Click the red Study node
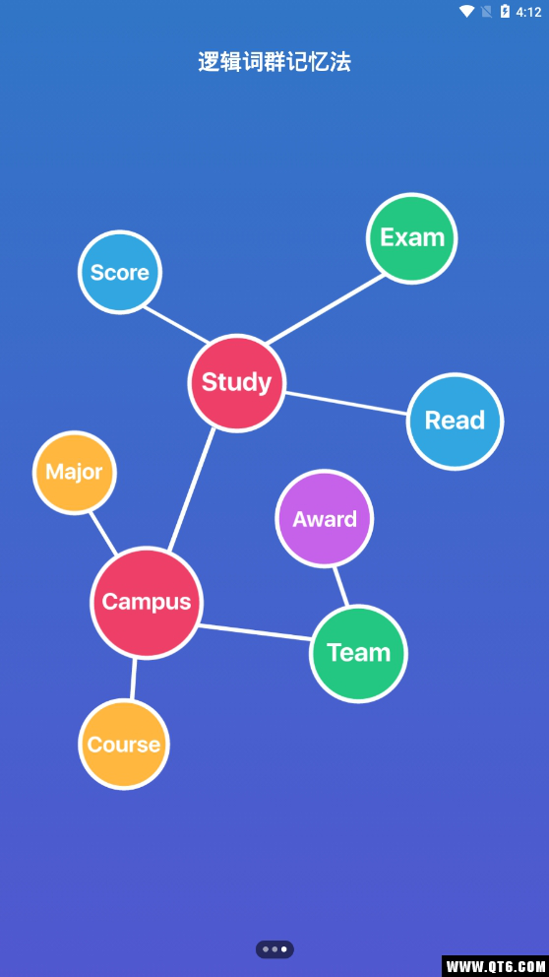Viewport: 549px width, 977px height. (236, 383)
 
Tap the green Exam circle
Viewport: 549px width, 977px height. (411, 238)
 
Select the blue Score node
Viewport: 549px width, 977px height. (119, 272)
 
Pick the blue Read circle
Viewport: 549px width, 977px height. (455, 422)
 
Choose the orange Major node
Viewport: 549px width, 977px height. (74, 473)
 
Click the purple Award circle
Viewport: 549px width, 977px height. (325, 518)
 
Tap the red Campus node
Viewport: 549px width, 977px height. (147, 602)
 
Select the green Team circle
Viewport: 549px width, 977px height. (358, 653)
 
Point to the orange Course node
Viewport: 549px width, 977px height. (124, 744)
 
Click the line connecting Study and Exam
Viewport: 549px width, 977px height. (326, 309)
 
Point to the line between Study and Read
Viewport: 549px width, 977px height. (346, 403)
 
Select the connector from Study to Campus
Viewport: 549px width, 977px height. (192, 489)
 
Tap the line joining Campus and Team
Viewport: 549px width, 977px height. (255, 632)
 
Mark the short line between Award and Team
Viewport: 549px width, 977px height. (340, 586)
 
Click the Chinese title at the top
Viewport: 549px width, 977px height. (274, 62)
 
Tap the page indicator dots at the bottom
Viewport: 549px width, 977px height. (274, 949)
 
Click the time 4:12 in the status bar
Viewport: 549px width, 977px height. (528, 12)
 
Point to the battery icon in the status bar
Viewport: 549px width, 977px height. (505, 11)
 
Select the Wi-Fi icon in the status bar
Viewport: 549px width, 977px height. (466, 11)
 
